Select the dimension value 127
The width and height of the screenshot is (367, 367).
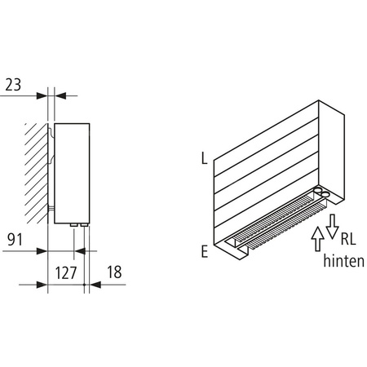coord(64,274)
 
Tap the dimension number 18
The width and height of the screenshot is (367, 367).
coord(113,274)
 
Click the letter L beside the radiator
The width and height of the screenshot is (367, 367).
coord(203,157)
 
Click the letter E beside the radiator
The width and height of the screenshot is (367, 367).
coord(203,251)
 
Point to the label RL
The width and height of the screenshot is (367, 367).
coord(347,240)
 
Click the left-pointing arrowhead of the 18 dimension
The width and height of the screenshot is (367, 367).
coord(93,285)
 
